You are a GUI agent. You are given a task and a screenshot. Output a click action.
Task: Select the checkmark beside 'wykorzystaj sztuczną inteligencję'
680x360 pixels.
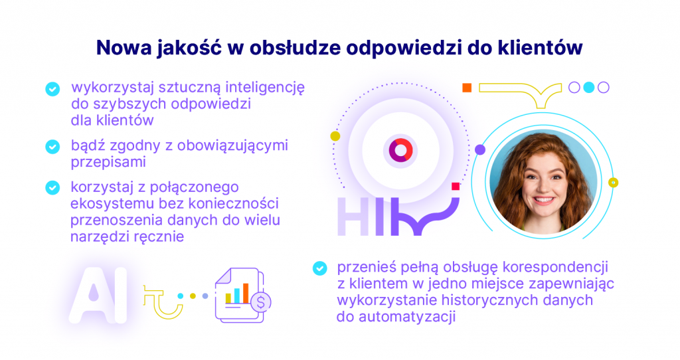[52, 89]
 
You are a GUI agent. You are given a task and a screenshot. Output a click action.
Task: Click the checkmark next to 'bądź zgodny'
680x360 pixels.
[52, 147]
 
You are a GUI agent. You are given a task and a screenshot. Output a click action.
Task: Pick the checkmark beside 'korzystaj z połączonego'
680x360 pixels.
[52, 188]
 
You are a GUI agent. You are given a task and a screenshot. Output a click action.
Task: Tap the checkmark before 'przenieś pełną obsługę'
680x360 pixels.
[319, 268]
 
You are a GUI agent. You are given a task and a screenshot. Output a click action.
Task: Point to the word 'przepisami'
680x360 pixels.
[108, 162]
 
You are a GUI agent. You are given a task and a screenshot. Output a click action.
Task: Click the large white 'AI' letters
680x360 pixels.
[98, 295]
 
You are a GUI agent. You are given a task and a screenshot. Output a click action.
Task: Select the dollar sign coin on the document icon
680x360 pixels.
[260, 302]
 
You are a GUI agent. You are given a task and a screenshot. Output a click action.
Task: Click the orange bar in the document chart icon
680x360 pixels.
[246, 293]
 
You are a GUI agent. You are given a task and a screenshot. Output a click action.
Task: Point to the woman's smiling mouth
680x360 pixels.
[543, 201]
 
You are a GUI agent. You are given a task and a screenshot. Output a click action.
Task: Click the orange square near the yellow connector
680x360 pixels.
[467, 88]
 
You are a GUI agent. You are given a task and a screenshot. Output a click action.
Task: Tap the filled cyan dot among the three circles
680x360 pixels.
[588, 88]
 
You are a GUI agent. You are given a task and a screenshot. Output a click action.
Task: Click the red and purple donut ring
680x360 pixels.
[400, 151]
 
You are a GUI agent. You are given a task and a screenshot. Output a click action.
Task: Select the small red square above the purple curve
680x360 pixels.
[456, 186]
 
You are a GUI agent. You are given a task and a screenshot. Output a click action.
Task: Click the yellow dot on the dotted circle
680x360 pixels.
[335, 136]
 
